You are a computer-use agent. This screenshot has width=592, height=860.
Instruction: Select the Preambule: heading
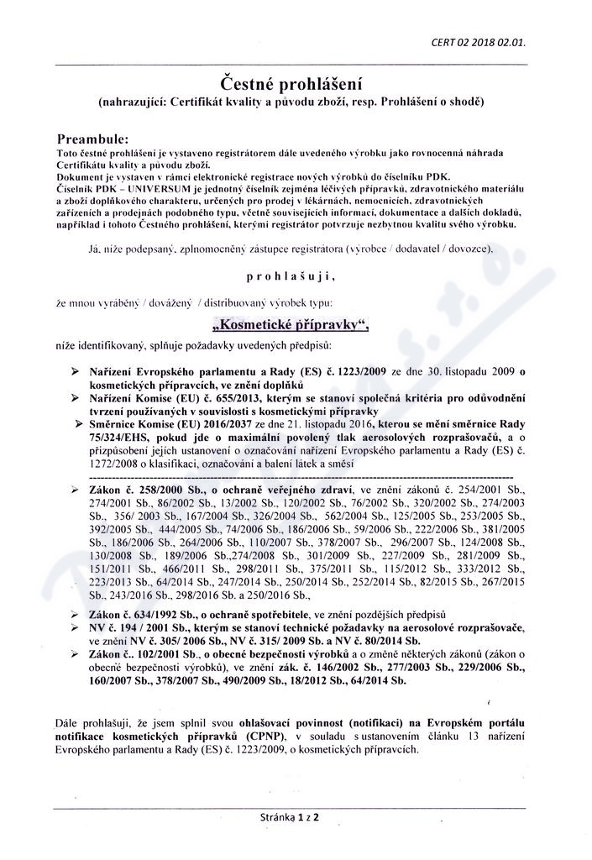[x=92, y=138]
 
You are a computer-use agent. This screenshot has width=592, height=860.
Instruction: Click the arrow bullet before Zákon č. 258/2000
[x=74, y=488]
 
